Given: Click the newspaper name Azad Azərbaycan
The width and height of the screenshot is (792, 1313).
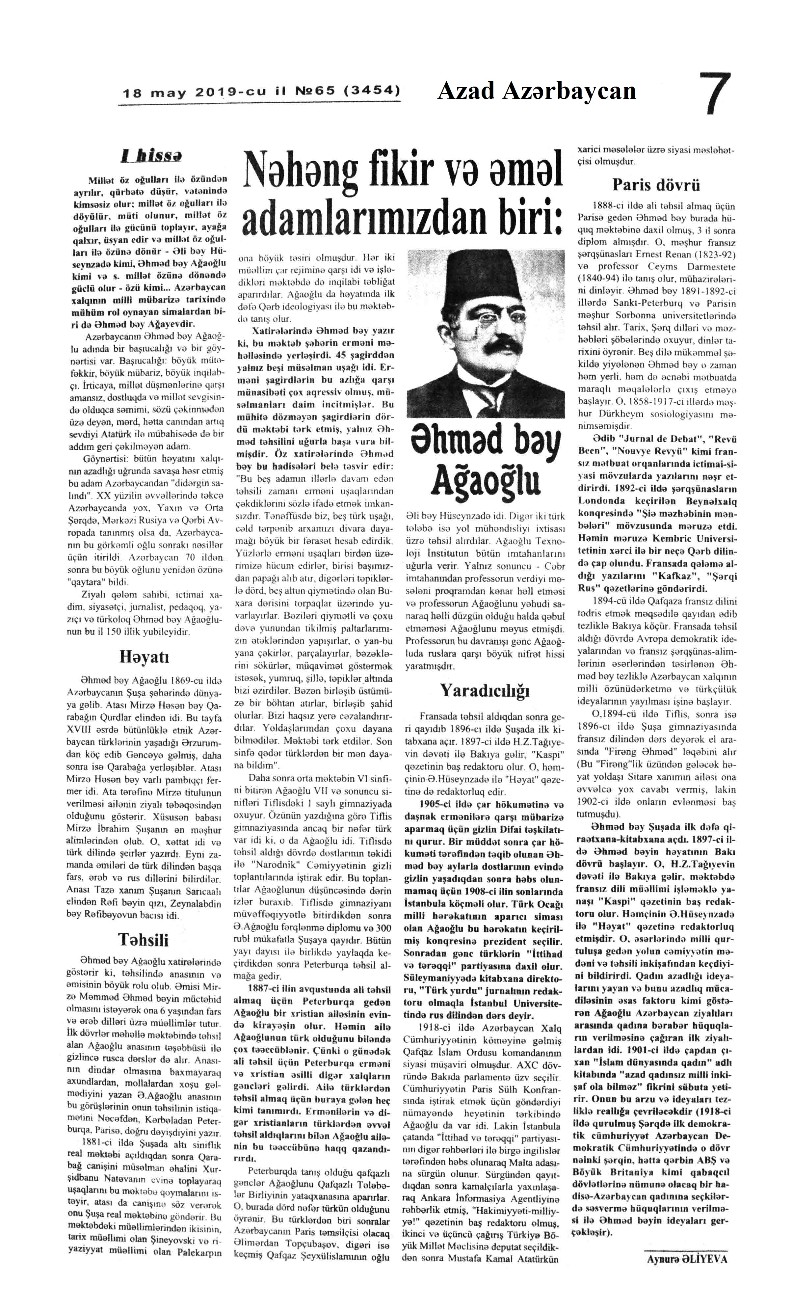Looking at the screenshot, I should [536, 91].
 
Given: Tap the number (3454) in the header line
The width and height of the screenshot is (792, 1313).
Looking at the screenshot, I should [373, 91].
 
